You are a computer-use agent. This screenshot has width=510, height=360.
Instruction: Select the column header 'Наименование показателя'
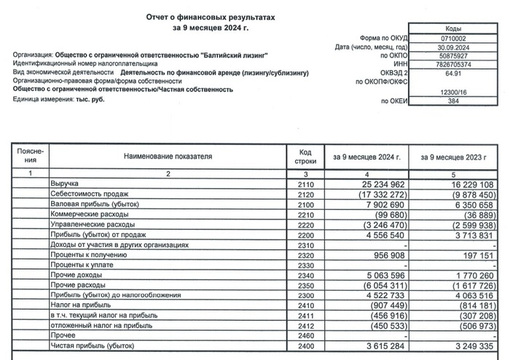(x=167, y=157)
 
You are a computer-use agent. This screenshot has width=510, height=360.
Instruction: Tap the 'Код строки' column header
(x=305, y=157)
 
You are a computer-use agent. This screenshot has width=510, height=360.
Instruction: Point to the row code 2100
(x=305, y=206)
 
